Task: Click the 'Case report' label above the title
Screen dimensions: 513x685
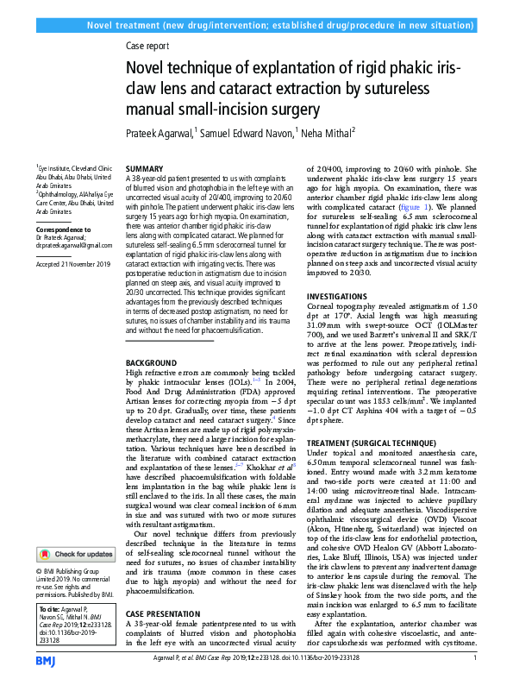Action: tap(147, 47)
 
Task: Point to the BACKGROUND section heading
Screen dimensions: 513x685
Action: tap(151, 362)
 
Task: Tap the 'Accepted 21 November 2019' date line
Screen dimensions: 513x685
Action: tap(73, 263)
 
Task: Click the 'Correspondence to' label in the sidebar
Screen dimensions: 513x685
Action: tap(63, 230)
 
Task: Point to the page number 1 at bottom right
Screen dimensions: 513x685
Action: tap(475, 658)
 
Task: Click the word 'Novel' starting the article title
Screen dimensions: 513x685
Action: tap(148, 68)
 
